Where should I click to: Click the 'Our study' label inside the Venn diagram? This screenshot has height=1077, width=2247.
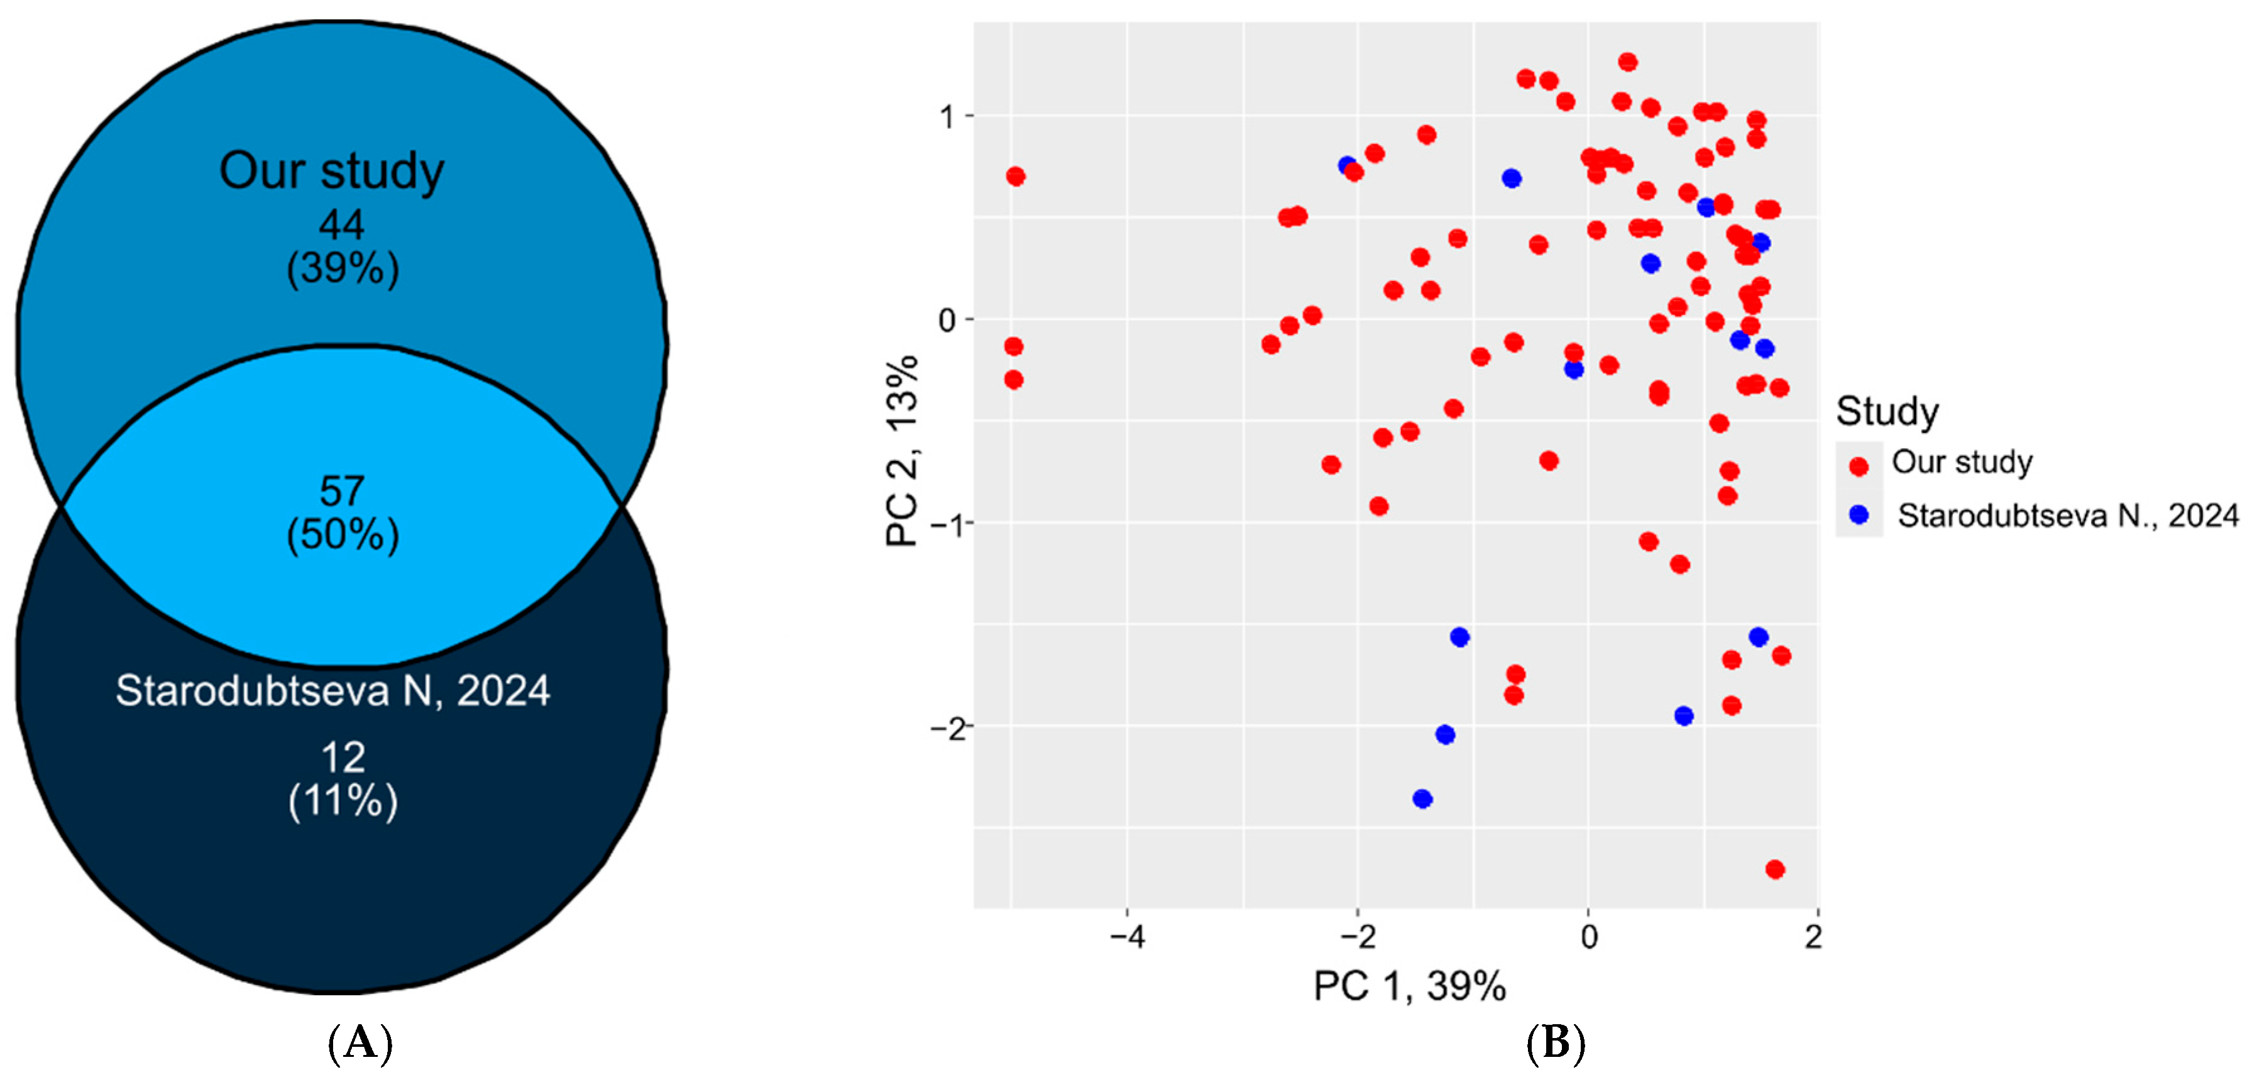point(331,171)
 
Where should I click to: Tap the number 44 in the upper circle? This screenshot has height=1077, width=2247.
point(341,225)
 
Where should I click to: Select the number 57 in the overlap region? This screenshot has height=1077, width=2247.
point(341,492)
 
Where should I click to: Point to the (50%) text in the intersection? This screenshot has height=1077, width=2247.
point(343,534)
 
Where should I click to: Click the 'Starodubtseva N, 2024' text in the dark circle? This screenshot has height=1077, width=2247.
point(332,691)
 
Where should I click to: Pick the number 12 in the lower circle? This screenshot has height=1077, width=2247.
point(343,758)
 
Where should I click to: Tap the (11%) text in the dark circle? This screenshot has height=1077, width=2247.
point(343,800)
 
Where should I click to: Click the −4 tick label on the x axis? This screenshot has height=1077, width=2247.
point(1126,937)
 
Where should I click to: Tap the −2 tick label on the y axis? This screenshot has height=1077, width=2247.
point(948,728)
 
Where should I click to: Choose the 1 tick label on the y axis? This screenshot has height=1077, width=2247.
point(948,116)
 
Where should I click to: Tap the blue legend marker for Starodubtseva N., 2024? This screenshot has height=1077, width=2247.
point(1858,515)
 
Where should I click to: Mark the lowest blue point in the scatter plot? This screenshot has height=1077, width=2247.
point(1422,798)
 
